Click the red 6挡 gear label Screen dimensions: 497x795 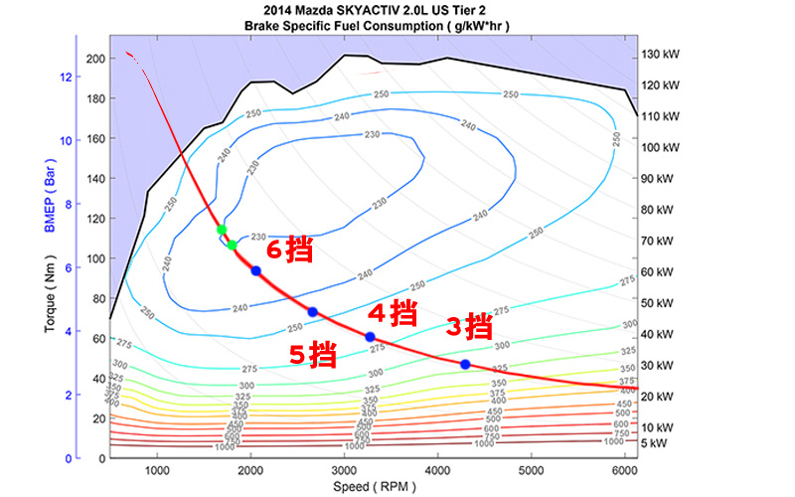[291, 251]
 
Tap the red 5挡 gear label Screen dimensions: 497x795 [312, 353]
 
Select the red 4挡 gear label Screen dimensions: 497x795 [392, 313]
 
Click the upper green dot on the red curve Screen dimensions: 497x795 [222, 230]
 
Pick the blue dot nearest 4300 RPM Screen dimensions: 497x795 [465, 365]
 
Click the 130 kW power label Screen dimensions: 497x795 [659, 54]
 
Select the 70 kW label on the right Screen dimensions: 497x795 [659, 241]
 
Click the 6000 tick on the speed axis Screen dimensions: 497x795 [624, 470]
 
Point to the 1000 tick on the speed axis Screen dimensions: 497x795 [157, 470]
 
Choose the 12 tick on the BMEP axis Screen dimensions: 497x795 [67, 77]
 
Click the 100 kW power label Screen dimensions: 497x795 [659, 147]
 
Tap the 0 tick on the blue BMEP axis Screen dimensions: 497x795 [71, 458]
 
